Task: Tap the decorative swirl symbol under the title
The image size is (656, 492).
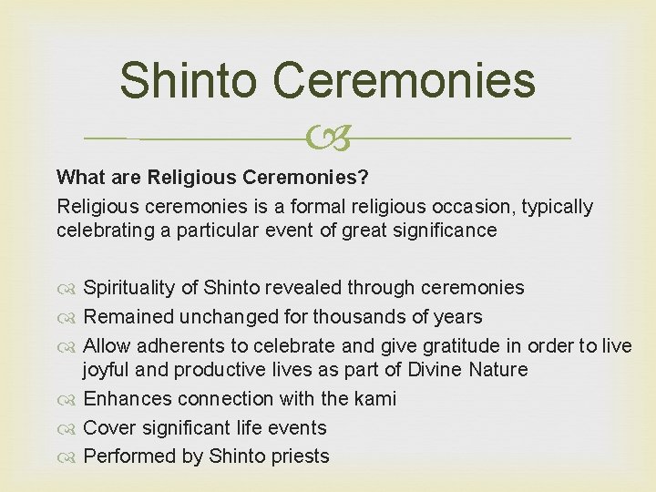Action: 328,138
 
